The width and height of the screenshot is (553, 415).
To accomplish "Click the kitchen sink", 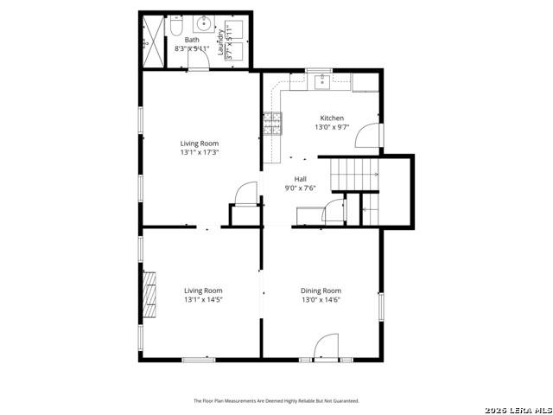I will coord(321,82).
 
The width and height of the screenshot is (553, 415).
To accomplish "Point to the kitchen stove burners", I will coord(273,124).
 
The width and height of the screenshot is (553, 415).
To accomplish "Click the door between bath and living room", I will coord(199,69).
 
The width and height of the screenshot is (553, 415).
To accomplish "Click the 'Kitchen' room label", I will coord(333,118).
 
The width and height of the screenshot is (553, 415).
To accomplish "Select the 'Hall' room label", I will coord(300,179).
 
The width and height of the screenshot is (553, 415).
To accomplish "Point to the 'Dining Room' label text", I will coord(321,290).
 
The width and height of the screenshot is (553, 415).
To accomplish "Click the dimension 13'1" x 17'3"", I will coord(199,152).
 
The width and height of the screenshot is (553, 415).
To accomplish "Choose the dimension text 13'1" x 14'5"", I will coord(203,300).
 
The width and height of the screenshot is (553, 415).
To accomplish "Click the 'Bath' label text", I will coord(191,40).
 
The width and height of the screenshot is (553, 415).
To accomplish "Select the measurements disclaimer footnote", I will coord(276,401).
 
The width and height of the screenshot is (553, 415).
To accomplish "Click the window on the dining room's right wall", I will coord(380,307).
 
